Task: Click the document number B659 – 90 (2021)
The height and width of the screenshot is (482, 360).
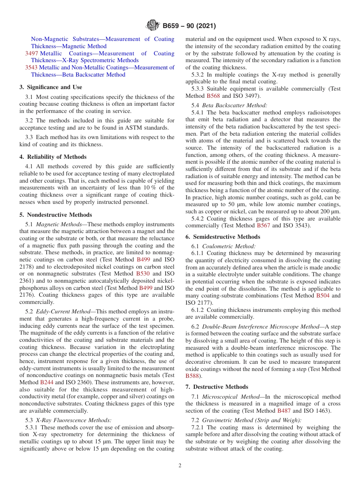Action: coord(189,26)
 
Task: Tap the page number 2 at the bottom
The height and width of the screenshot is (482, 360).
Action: coord(180,465)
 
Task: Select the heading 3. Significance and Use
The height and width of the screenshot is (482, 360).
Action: coord(51,87)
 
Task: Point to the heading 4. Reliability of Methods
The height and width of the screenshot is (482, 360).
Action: coord(53,157)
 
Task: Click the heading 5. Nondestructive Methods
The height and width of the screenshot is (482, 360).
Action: coord(56,215)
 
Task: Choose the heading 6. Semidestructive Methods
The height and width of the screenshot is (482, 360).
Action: coord(223,237)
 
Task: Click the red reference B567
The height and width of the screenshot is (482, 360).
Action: coord(263,226)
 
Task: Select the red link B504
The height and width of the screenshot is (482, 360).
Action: coord(323,296)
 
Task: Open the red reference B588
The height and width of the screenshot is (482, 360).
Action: coord(193,376)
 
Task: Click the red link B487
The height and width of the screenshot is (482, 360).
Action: coord(284,410)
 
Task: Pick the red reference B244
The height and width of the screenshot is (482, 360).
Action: coord(47,382)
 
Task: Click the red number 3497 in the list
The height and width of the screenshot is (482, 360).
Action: coord(31,53)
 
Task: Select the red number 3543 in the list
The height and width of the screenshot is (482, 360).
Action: coord(31,67)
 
